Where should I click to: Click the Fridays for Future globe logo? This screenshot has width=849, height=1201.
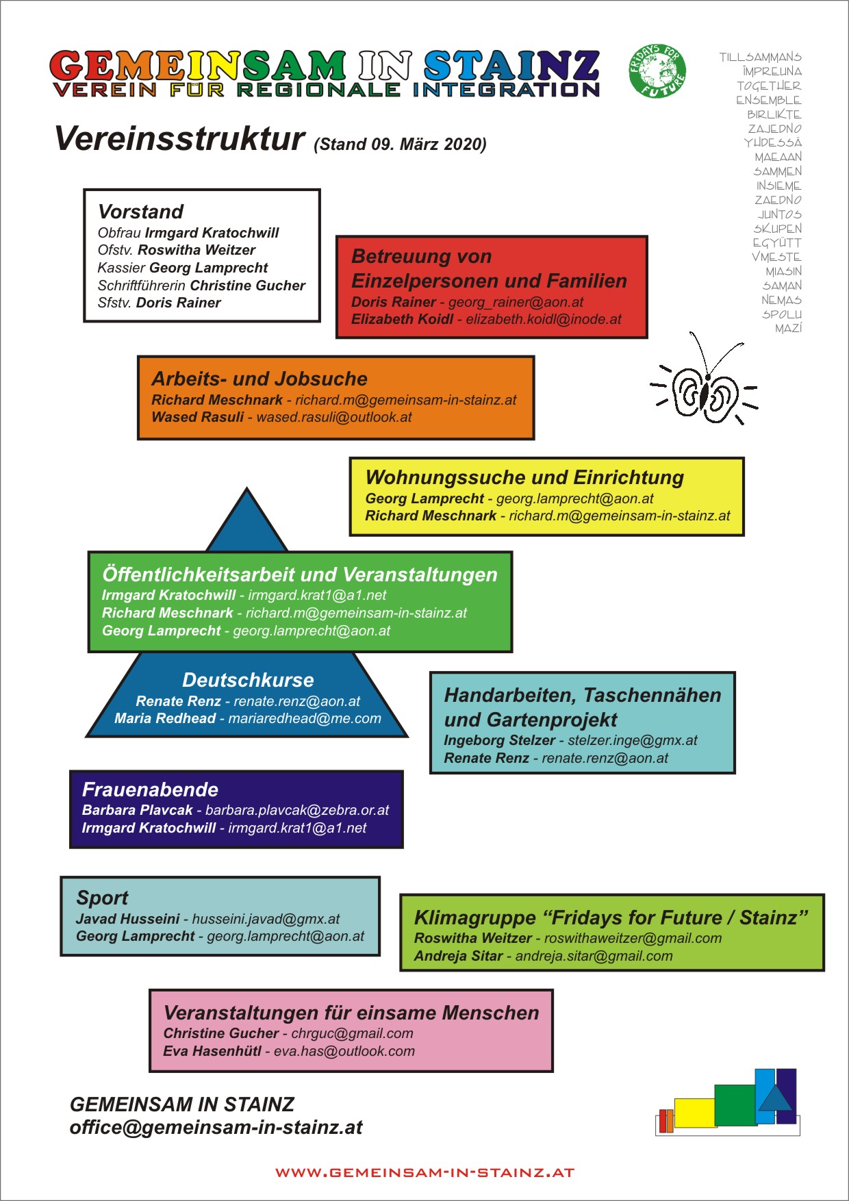pos(657,71)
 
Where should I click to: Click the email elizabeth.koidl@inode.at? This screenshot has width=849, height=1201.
pos(544,319)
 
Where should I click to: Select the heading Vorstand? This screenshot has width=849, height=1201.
pos(141,212)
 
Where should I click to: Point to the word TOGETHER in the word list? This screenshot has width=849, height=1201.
pos(769,86)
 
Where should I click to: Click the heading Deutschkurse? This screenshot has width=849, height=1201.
pos(248,680)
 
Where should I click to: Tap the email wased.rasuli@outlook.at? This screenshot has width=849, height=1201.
pos(334,417)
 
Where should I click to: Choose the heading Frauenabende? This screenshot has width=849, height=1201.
pos(150,789)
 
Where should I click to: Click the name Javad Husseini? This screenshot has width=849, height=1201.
pos(127,919)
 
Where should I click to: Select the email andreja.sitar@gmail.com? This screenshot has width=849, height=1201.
pos(594,956)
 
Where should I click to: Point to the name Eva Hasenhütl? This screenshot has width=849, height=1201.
pos(212,1051)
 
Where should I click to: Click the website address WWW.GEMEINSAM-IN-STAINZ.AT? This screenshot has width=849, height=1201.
pos(424,1172)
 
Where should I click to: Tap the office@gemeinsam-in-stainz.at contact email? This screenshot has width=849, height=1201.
pos(216,1127)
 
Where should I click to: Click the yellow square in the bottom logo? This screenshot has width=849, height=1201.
pos(695,1113)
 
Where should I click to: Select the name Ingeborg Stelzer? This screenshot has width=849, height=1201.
pos(499,740)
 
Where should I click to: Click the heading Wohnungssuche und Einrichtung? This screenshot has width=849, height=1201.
pos(524,477)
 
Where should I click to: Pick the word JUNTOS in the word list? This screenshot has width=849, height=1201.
pos(779,214)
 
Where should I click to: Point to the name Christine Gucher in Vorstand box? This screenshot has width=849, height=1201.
pos(247,286)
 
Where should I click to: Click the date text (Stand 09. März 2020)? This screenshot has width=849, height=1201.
pos(400,144)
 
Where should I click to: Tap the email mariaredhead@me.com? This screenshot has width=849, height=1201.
pos(305,718)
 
